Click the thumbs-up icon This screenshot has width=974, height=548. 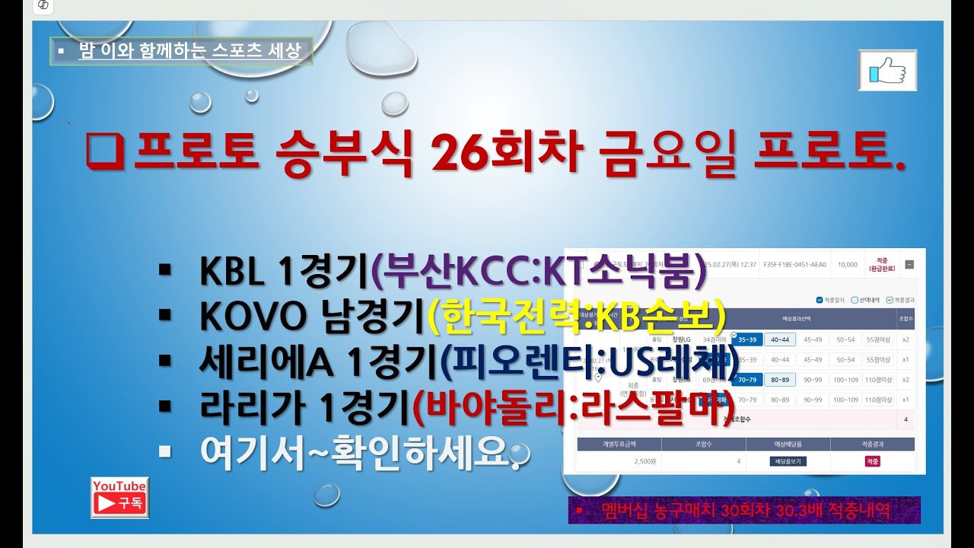tap(887, 71)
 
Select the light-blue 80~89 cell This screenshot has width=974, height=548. tap(779, 379)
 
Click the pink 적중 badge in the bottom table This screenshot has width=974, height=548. tap(872, 461)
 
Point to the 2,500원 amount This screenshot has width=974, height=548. tap(619, 461)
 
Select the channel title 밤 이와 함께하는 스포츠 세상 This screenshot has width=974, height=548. tap(189, 52)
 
